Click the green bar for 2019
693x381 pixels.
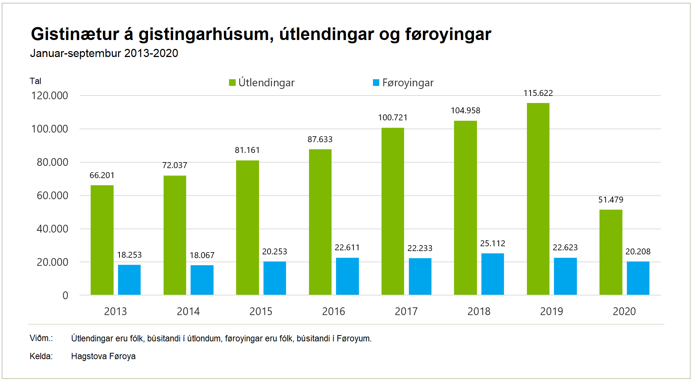click(x=538, y=199)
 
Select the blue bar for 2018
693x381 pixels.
click(x=492, y=274)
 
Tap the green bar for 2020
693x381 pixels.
click(x=610, y=252)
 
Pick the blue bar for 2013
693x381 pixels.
click(x=129, y=280)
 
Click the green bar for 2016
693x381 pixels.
click(x=320, y=222)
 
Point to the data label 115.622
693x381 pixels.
click(x=538, y=93)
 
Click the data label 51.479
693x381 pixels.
click(x=610, y=200)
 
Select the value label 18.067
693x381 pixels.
click(x=202, y=255)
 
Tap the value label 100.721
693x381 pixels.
click(x=393, y=117)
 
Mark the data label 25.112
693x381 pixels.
click(x=492, y=243)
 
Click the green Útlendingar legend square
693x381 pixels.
click(x=232, y=83)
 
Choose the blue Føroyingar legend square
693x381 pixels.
click(x=376, y=83)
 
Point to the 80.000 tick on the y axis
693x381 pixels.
click(x=53, y=162)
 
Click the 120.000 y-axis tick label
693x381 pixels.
click(x=50, y=96)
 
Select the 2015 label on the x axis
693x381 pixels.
click(x=260, y=311)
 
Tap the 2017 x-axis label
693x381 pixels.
click(x=406, y=311)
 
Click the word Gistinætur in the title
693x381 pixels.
click(x=75, y=34)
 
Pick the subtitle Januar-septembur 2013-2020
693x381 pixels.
click(x=104, y=53)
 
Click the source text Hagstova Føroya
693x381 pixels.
click(x=103, y=356)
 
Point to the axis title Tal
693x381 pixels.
click(x=36, y=81)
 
